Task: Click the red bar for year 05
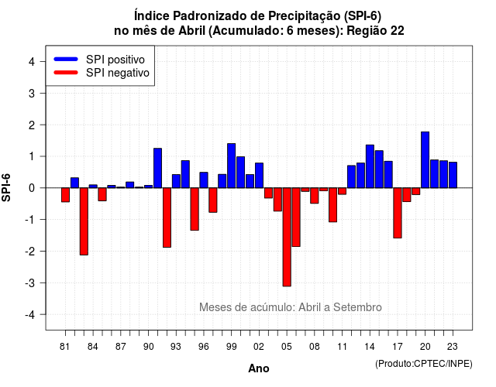[287, 237]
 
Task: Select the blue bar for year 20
[425, 160]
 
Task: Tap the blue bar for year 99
[231, 166]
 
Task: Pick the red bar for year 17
[398, 213]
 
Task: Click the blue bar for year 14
[370, 166]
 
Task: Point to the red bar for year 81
[65, 194]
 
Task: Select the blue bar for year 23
[453, 175]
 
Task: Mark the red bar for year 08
[314, 196]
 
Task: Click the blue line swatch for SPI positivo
[66, 59]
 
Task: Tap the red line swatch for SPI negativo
[66, 73]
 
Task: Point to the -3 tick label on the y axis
[30, 283]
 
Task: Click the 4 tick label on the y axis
[32, 62]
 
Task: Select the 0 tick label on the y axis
[32, 188]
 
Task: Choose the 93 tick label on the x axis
[176, 347]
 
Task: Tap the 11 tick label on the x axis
[342, 347]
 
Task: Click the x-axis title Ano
[259, 368]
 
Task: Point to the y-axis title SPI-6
[6, 187]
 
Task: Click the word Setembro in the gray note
[357, 307]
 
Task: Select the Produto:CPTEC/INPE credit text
[424, 364]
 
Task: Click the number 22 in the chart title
[398, 31]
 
